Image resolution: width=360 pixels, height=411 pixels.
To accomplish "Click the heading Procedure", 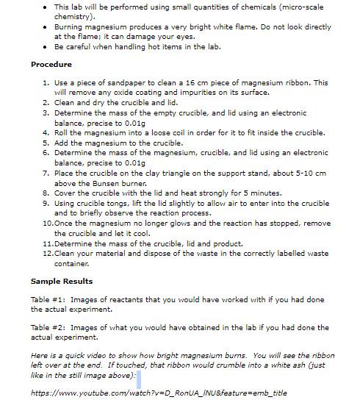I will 51,65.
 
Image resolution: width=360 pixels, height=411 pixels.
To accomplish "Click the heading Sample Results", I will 62,281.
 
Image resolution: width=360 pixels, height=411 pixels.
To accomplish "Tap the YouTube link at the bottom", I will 159,393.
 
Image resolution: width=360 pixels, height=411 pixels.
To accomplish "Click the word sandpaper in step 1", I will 130,82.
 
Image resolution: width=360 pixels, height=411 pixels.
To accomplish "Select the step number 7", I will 46,173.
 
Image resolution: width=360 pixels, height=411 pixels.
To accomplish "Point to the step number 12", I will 46,253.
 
